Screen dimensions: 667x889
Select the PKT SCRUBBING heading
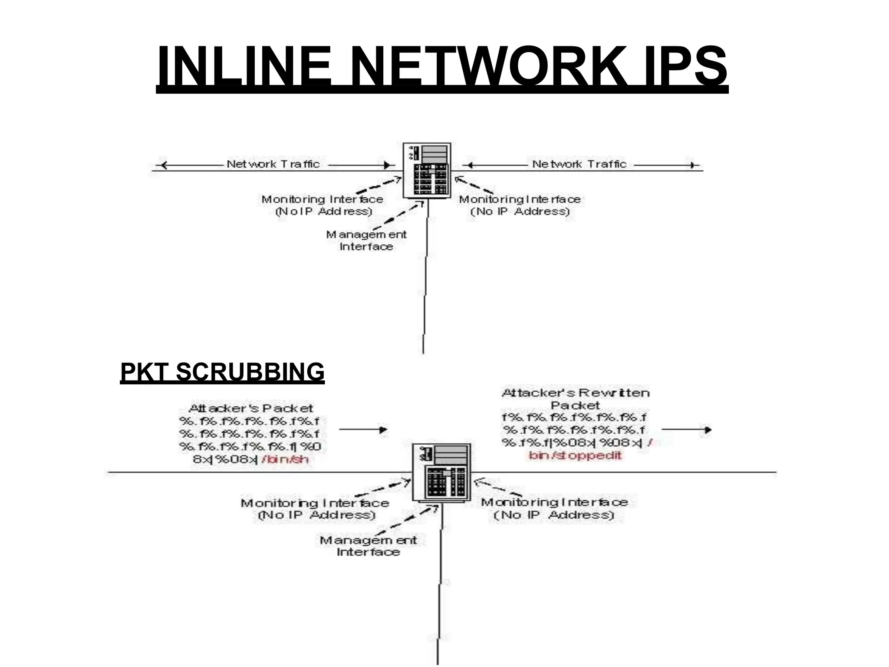[222, 372]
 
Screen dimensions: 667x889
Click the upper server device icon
[427, 171]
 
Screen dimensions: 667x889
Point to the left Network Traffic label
[273, 164]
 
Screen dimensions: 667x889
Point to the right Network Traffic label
[579, 164]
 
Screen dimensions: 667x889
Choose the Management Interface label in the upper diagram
[366, 241]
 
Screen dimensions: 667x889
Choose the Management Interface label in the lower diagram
[368, 546]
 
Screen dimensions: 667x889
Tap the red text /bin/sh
[285, 459]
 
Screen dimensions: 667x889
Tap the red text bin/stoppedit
[576, 456]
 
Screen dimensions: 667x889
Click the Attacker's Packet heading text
[251, 409]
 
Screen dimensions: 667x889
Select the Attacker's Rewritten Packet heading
[576, 399]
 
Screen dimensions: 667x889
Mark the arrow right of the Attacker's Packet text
[363, 429]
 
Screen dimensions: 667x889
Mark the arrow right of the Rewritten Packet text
[686, 430]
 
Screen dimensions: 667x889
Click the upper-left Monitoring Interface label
[323, 205]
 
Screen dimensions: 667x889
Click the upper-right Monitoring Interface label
[520, 205]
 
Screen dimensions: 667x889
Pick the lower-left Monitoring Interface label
[315, 509]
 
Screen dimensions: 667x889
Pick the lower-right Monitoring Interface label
[554, 509]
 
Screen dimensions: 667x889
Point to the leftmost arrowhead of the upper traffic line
[163, 165]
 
